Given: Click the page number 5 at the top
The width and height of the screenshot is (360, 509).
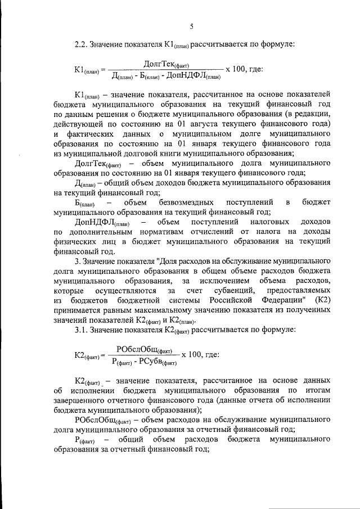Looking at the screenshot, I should point(192,26).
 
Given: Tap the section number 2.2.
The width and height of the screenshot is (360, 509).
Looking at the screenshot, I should point(83,43).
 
